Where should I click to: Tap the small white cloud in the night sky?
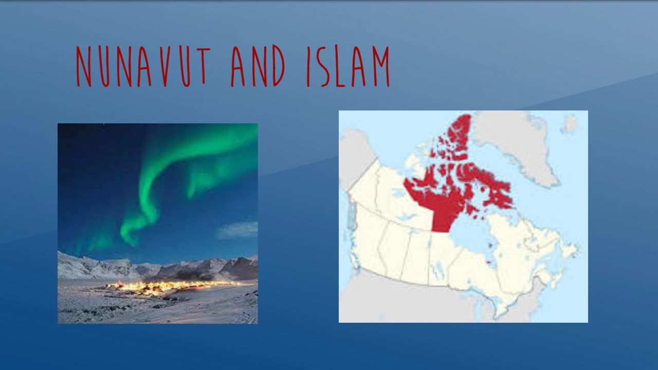pyautogui.click(x=237, y=230)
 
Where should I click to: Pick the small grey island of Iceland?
pyautogui.click(x=569, y=124)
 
